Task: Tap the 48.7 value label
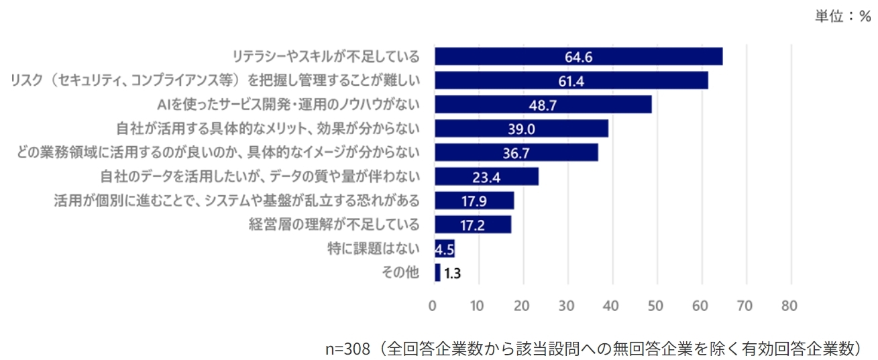point(543,105)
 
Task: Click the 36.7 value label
point(516,154)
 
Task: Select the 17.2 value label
point(473,225)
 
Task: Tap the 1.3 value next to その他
point(452,273)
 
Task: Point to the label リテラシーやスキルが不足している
point(325,56)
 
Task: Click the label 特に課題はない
point(374,249)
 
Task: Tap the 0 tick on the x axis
point(433,306)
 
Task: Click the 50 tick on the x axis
point(655,306)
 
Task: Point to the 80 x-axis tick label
point(789,306)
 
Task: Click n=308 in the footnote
point(347,349)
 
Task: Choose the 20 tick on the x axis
point(522,306)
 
